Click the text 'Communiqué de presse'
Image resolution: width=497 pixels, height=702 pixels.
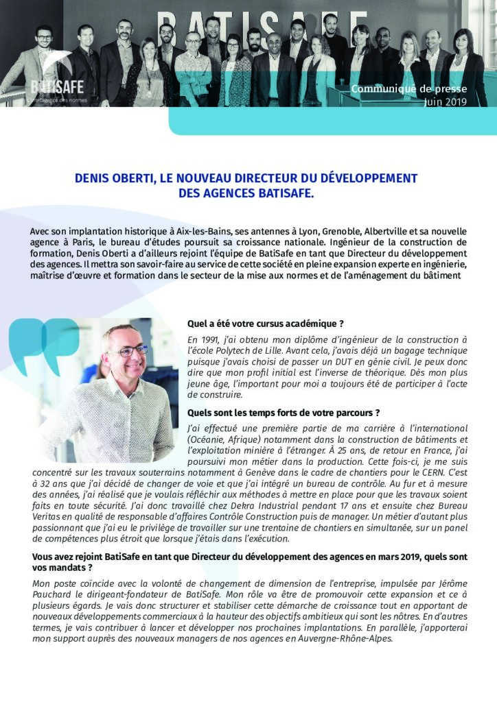coord(409,89)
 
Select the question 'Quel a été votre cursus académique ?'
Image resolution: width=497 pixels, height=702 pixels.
coord(265,324)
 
